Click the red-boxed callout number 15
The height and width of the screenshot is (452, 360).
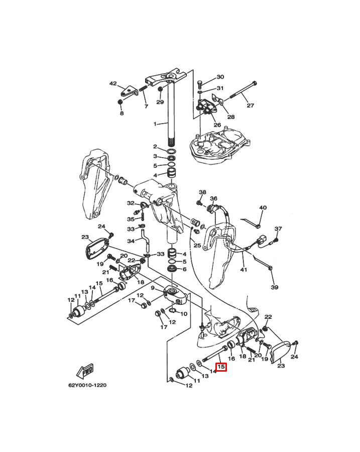pos(221,367)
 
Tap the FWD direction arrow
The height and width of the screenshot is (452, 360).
pos(85,372)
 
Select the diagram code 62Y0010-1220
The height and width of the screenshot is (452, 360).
pos(87,385)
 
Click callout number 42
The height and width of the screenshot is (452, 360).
pos(113,83)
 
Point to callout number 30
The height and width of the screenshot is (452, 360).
pos(220,77)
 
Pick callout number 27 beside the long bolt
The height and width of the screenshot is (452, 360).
pos(250,105)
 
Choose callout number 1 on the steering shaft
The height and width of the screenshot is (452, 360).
pos(155,124)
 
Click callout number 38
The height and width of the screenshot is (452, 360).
pos(203,192)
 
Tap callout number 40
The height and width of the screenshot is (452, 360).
pos(263,207)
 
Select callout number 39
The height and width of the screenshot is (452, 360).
pos(275,287)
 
